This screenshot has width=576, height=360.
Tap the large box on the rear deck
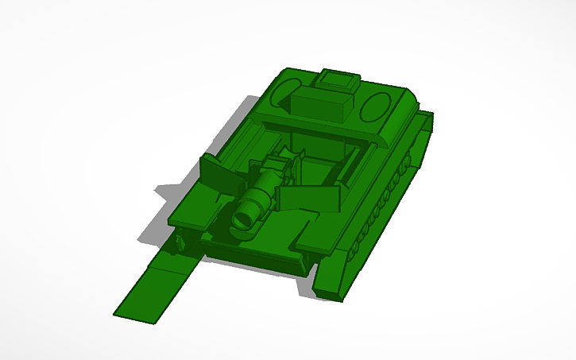pyautogui.click(x=323, y=103)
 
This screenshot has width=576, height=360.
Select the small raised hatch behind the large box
pyautogui.click(x=337, y=79)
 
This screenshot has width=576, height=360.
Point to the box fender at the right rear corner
pyautogui.click(x=425, y=122)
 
